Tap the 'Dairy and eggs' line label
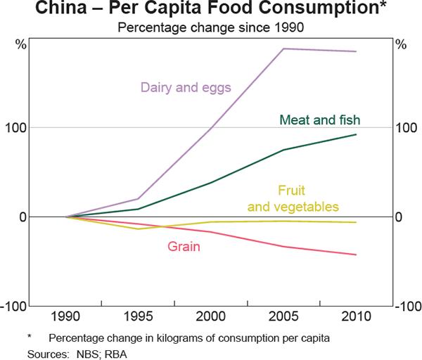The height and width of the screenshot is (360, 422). pyautogui.click(x=186, y=88)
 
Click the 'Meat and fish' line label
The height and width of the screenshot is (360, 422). pyautogui.click(x=324, y=120)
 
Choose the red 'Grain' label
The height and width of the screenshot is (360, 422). pyautogui.click(x=184, y=246)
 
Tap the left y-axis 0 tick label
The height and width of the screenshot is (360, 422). pyautogui.click(x=24, y=217)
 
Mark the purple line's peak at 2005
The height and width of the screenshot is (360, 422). pyautogui.click(x=283, y=49)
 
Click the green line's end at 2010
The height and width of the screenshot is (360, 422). pyautogui.click(x=356, y=134)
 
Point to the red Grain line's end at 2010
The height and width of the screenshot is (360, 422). pyautogui.click(x=356, y=255)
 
